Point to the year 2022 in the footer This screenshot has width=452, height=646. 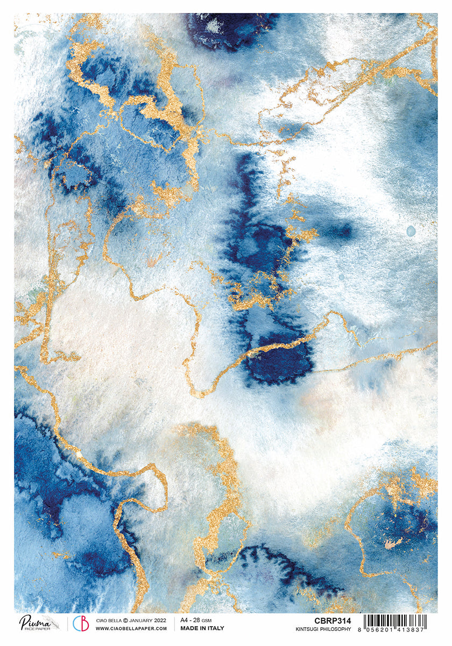click(x=159, y=620)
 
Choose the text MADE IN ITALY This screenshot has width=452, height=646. click(x=202, y=628)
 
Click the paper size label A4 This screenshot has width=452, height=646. click(x=184, y=620)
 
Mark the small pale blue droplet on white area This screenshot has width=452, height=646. click(x=411, y=231)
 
